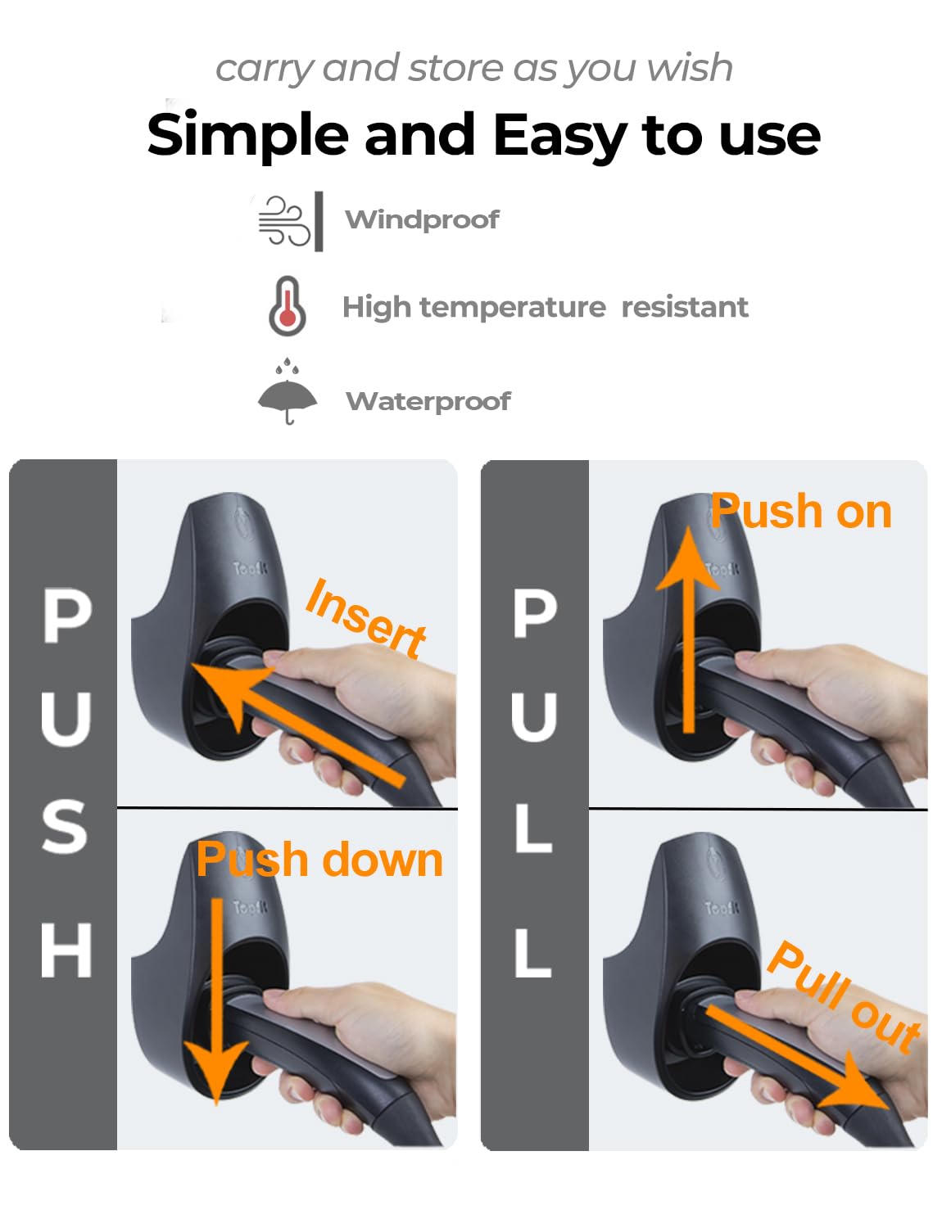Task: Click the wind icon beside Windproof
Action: click(x=284, y=220)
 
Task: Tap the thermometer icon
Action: click(x=288, y=306)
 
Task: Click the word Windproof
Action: click(x=422, y=219)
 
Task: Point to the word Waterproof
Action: click(x=428, y=401)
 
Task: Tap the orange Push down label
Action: click(x=319, y=860)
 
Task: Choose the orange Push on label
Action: click(x=801, y=512)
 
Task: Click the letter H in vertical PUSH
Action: click(x=66, y=950)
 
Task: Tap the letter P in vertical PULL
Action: click(x=535, y=614)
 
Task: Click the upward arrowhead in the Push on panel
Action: click(x=688, y=557)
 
